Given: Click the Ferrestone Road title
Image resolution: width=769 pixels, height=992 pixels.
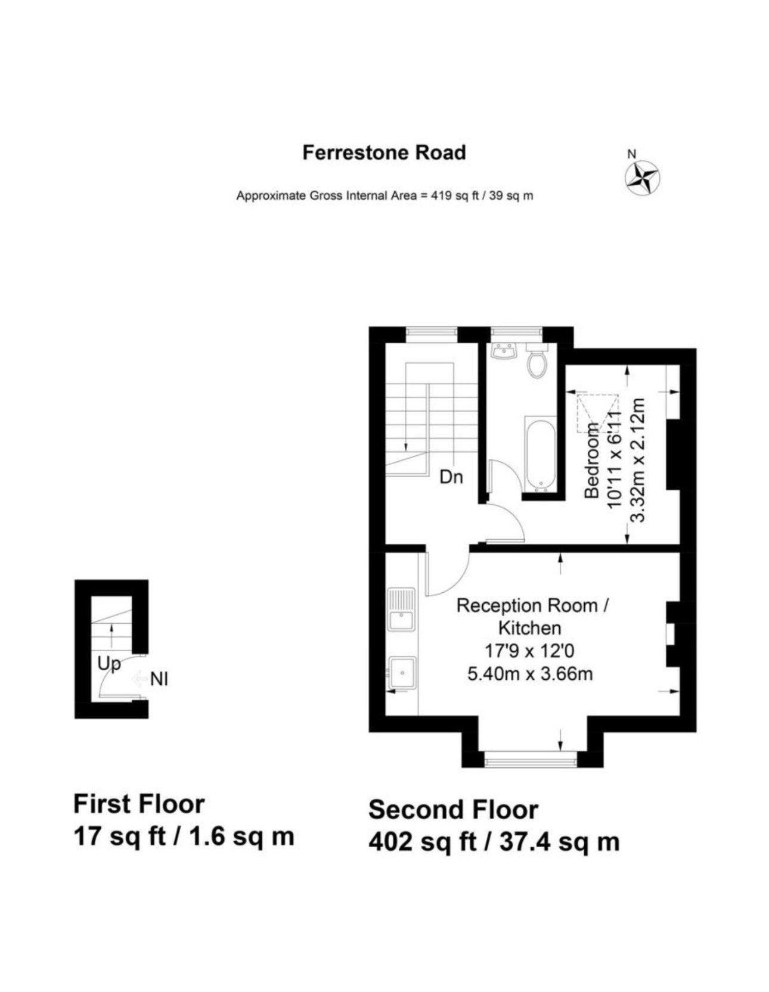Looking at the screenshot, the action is pyautogui.click(x=384, y=153).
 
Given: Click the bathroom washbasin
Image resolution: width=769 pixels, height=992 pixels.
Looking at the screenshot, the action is pyautogui.click(x=504, y=352).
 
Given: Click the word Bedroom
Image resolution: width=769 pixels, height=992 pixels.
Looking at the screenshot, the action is pyautogui.click(x=591, y=460).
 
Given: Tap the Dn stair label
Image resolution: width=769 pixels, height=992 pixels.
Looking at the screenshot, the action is pyautogui.click(x=451, y=477).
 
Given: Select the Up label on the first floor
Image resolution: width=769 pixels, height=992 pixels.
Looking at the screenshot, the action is pyautogui.click(x=110, y=664).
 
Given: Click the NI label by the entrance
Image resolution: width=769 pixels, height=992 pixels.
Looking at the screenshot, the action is pyautogui.click(x=159, y=679).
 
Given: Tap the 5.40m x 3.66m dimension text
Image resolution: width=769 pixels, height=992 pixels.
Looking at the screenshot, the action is pyautogui.click(x=530, y=674).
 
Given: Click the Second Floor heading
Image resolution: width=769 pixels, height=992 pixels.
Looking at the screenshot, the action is pyautogui.click(x=453, y=810).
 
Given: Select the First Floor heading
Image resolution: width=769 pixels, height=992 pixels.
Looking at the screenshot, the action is pyautogui.click(x=139, y=804).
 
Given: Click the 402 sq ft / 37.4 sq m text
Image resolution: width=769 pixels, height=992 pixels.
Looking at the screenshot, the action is pyautogui.click(x=494, y=842).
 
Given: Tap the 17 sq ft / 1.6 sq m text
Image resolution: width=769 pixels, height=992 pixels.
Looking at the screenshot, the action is pyautogui.click(x=184, y=836).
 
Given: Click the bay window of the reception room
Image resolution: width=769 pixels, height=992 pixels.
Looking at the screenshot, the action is pyautogui.click(x=531, y=758).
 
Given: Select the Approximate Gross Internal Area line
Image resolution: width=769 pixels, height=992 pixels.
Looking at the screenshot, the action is pyautogui.click(x=384, y=195).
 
